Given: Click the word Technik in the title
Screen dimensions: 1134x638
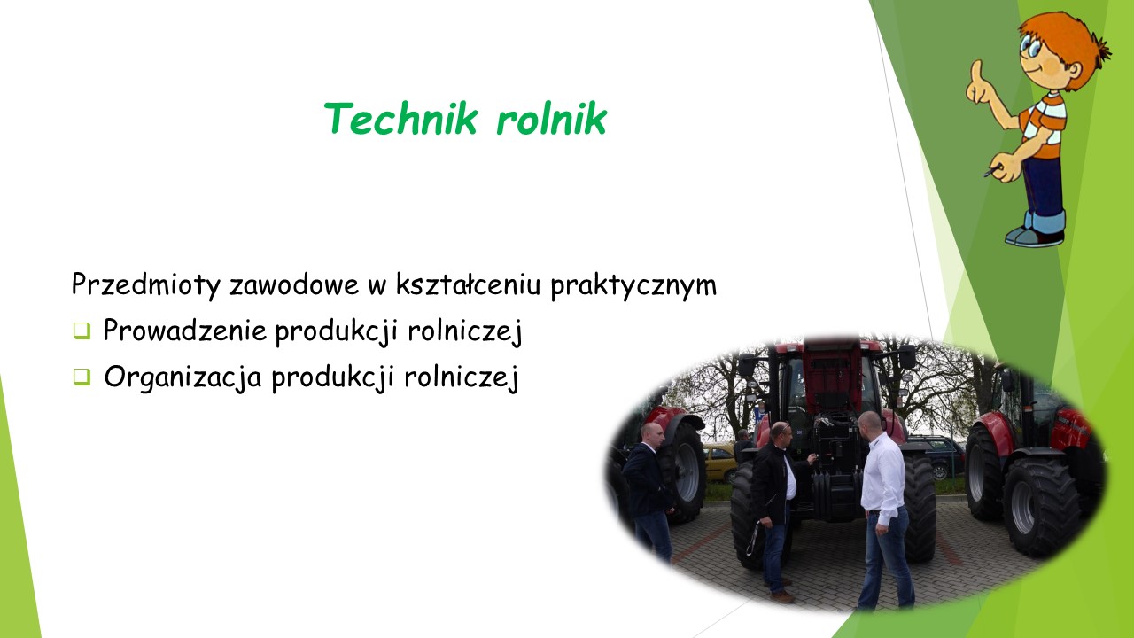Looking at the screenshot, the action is click(x=400, y=118).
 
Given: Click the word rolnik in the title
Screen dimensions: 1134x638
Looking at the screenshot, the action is click(x=551, y=118).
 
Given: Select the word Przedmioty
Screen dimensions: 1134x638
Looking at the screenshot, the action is click(x=146, y=285).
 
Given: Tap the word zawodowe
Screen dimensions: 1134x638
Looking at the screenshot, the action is click(x=294, y=285).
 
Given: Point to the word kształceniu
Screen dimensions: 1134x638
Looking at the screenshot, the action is click(x=469, y=284).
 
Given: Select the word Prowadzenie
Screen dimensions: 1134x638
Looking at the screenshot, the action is click(x=185, y=331).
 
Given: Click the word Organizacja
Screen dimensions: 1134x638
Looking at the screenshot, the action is click(x=183, y=377).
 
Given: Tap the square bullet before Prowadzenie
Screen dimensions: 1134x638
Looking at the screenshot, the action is click(x=82, y=331).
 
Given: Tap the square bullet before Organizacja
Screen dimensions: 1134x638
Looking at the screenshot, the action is click(x=82, y=377).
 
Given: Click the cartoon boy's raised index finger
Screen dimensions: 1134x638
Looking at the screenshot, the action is click(x=976, y=72).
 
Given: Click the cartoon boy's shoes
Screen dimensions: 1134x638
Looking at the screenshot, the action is click(x=1036, y=236).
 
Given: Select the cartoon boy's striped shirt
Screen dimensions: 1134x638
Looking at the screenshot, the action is click(x=1044, y=125).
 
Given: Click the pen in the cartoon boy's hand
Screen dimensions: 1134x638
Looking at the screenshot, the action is click(x=993, y=171).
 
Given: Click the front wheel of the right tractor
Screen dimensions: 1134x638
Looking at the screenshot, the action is click(x=1039, y=507).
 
